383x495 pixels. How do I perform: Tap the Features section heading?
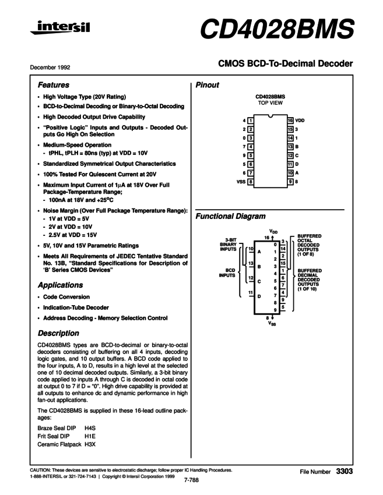click(x=54, y=85)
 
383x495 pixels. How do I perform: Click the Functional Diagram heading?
click(x=230, y=217)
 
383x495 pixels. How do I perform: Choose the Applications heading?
click(x=60, y=286)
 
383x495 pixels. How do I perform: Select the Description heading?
click(x=58, y=334)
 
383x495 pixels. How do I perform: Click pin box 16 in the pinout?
click(x=290, y=119)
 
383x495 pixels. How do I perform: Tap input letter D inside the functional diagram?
click(x=258, y=296)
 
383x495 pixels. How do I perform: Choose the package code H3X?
click(x=90, y=444)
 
